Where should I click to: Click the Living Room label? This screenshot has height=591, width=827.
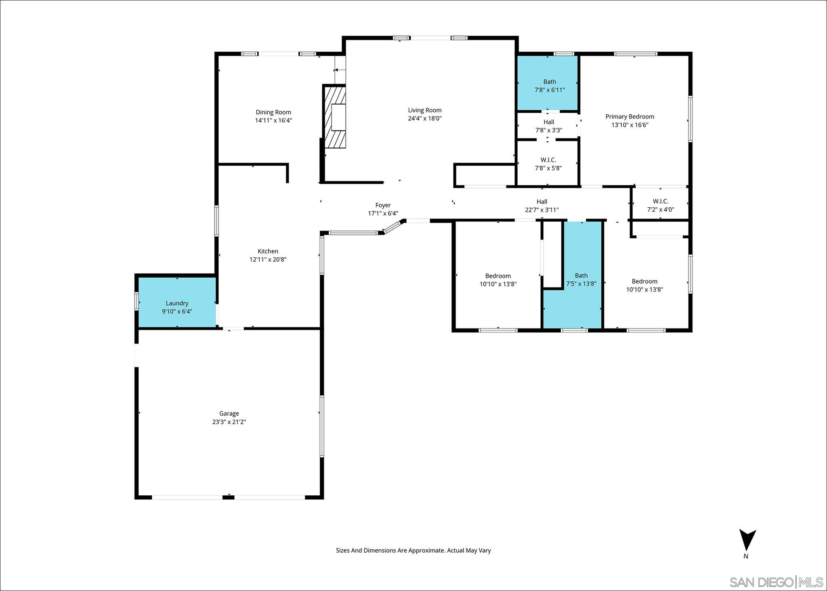[424, 110]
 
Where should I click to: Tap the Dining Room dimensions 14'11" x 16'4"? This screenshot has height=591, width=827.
[273, 120]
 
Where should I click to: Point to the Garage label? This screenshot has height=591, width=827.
[229, 413]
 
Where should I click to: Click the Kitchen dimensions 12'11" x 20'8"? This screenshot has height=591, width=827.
[268, 260]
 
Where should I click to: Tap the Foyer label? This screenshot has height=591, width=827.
[383, 205]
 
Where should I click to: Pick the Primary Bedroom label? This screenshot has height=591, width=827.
[630, 117]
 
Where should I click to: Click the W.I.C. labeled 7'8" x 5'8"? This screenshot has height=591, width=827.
[548, 164]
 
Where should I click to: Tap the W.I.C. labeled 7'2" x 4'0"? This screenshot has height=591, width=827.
[660, 206]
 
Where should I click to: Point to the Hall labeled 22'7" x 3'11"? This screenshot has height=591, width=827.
[542, 206]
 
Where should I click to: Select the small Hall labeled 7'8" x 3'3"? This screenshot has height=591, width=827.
[548, 126]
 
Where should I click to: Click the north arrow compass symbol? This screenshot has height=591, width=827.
[747, 541]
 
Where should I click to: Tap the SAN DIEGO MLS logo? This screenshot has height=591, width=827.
[776, 582]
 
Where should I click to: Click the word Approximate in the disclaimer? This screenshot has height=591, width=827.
[426, 550]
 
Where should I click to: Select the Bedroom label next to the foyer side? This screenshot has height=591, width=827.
[498, 276]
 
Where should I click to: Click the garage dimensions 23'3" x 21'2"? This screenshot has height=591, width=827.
[229, 422]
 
